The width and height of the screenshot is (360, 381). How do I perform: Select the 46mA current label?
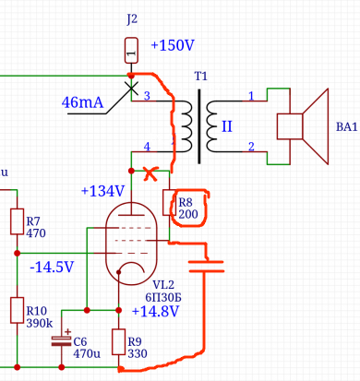(83, 101)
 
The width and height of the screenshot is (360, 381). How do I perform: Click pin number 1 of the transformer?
(250, 95)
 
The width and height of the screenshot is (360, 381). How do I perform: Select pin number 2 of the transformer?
(250, 147)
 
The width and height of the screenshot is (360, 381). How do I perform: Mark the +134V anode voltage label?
(102, 191)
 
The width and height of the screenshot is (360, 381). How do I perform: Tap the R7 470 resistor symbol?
(17, 222)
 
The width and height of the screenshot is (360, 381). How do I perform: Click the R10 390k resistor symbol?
(17, 309)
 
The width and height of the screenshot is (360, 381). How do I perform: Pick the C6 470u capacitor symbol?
(61, 340)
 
